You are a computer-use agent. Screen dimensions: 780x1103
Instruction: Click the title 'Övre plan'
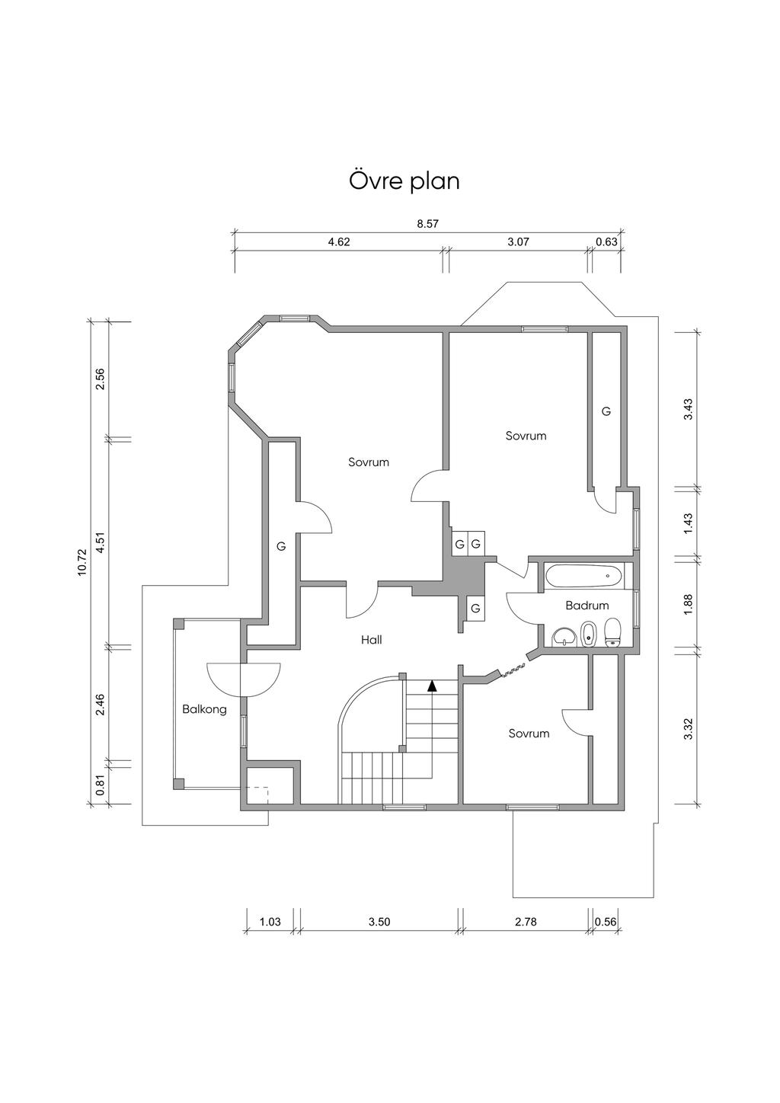click(x=404, y=181)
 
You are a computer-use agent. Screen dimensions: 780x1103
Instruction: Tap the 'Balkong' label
click(x=204, y=710)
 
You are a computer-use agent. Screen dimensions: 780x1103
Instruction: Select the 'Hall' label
click(x=371, y=640)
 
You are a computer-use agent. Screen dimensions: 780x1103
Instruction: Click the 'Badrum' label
click(x=587, y=605)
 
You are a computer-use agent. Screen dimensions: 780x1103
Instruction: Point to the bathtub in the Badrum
click(x=584, y=575)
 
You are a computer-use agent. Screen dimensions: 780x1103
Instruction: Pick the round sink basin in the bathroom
click(x=564, y=637)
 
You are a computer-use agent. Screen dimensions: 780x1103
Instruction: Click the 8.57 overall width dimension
click(x=427, y=224)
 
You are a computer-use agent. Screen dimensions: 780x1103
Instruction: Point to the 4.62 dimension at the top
click(x=339, y=241)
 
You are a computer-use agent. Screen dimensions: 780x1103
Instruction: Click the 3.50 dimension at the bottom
click(x=379, y=922)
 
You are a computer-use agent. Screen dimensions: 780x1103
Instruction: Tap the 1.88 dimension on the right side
click(x=688, y=604)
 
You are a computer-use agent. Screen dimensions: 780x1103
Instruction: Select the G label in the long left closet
click(x=281, y=546)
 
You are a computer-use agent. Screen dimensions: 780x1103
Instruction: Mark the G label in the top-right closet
click(x=606, y=411)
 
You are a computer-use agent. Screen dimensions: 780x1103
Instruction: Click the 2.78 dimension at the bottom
click(x=526, y=922)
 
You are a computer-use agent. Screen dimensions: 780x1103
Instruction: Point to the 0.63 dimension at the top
click(x=606, y=241)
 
